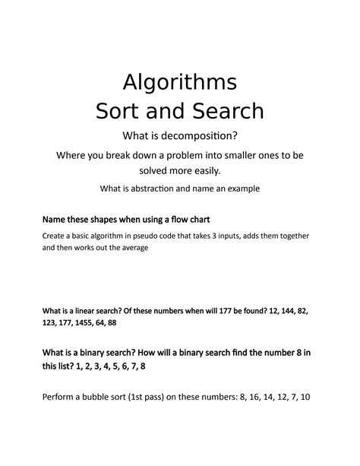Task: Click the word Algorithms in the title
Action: (180, 81)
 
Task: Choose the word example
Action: (242, 189)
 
